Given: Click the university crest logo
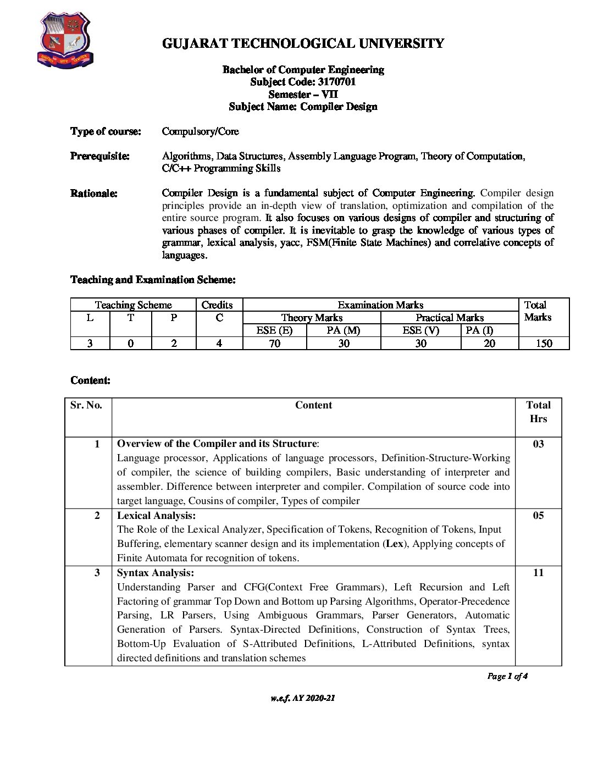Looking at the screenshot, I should [65, 41].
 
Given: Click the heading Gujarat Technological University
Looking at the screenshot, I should [303, 43].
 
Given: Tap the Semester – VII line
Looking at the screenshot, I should [303, 94].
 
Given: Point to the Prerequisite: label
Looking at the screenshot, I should [100, 156].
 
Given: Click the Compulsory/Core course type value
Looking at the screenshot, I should [200, 131].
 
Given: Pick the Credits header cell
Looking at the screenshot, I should [217, 305].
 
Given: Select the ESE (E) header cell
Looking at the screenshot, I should [274, 330].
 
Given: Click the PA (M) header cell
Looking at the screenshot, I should [344, 330].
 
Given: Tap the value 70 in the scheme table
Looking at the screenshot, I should [274, 344].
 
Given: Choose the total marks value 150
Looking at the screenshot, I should [544, 344].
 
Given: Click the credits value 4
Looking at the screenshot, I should [219, 344].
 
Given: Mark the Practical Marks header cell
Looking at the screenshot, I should [450, 318].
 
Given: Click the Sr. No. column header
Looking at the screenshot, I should [86, 405].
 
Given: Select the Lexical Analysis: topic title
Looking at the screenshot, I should [156, 516].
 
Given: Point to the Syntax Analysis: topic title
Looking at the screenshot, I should [155, 573].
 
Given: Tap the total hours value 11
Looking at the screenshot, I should [538, 573].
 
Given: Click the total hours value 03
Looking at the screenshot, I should [538, 444].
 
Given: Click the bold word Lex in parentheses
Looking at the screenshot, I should [394, 544].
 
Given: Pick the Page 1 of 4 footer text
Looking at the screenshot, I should [507, 676].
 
